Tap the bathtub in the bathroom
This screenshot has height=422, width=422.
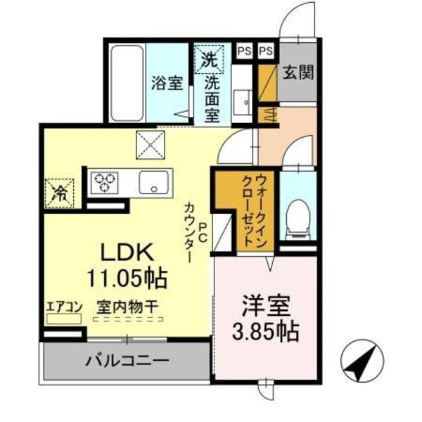tap(127, 83)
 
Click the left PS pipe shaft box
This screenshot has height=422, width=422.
tap(244, 51)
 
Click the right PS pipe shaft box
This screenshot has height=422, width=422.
tap(266, 51)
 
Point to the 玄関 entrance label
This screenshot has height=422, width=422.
tap(298, 72)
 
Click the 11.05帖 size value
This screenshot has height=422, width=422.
tap(127, 279)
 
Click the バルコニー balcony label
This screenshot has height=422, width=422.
tap(127, 362)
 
